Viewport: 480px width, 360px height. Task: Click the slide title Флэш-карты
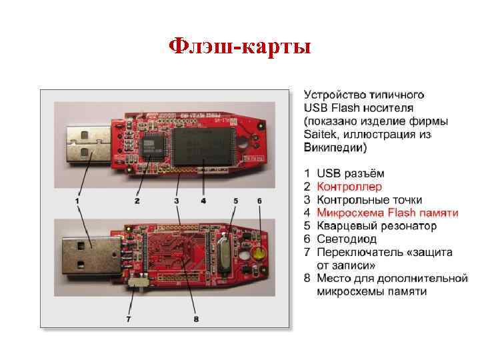click(239, 47)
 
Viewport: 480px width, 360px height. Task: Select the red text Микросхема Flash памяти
click(387, 213)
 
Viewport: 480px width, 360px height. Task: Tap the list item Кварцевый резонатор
click(377, 226)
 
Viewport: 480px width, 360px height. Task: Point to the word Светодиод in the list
click(347, 239)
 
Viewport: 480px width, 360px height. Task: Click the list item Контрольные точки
click(369, 200)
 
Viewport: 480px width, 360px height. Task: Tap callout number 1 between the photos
click(78, 200)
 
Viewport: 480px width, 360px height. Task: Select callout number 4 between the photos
click(203, 200)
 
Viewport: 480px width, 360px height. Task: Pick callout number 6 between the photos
click(259, 200)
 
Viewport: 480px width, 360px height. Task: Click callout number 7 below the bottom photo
click(129, 319)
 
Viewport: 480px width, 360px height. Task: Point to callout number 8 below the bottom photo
click(196, 319)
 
